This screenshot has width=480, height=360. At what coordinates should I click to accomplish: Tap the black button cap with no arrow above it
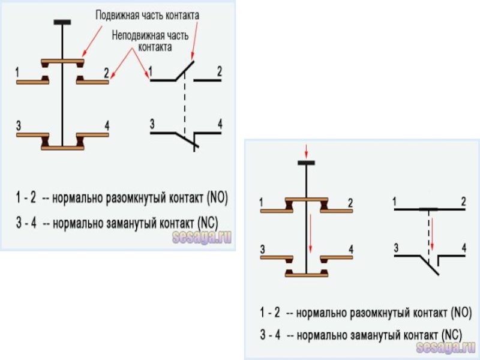[62, 22]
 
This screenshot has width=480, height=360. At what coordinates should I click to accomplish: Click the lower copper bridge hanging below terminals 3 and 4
[306, 274]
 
